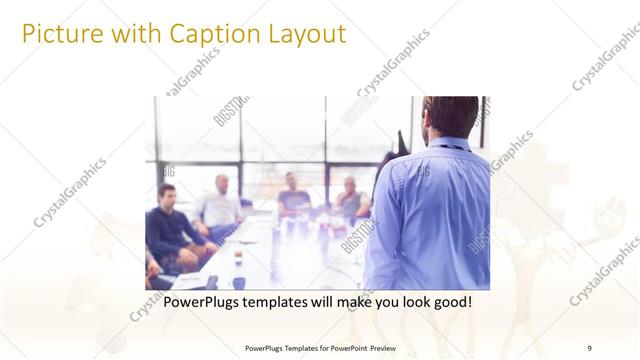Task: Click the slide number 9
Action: pyautogui.click(x=589, y=347)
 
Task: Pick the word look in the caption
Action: pyautogui.click(x=403, y=301)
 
